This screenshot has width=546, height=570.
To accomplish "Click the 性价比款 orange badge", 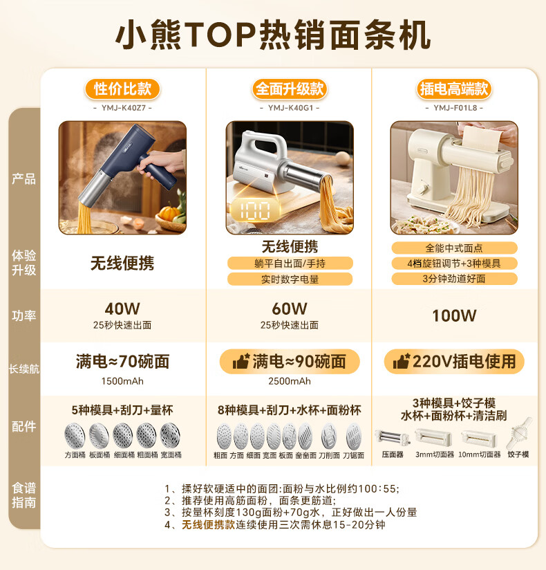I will click(122, 89).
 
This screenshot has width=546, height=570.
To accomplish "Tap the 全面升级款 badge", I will click(290, 89).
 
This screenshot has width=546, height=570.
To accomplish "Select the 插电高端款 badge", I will click(454, 89).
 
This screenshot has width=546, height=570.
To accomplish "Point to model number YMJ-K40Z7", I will click(122, 107).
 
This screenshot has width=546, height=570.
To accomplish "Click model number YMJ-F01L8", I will click(454, 107).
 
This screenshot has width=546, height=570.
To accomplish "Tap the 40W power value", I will click(122, 309).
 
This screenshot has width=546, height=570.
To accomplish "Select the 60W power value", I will click(290, 309).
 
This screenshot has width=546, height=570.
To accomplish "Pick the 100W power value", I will click(454, 315).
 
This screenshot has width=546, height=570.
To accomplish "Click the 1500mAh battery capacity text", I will click(122, 381).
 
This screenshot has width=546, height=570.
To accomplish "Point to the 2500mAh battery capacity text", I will click(290, 381).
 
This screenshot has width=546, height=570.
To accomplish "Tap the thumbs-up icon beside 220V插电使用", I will click(402, 362).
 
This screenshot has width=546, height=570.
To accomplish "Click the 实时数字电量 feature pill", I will click(290, 279).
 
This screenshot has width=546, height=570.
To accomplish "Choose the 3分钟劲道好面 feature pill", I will click(454, 279).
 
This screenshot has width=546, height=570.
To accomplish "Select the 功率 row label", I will click(23, 315).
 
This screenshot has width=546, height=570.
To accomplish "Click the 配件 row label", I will click(23, 426).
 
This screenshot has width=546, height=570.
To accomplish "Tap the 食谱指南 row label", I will click(23, 495).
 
